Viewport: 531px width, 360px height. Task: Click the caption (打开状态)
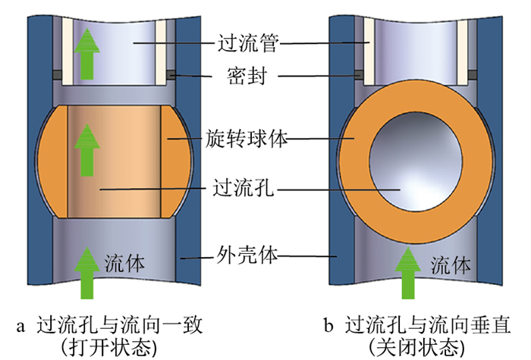click(x=112, y=346)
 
